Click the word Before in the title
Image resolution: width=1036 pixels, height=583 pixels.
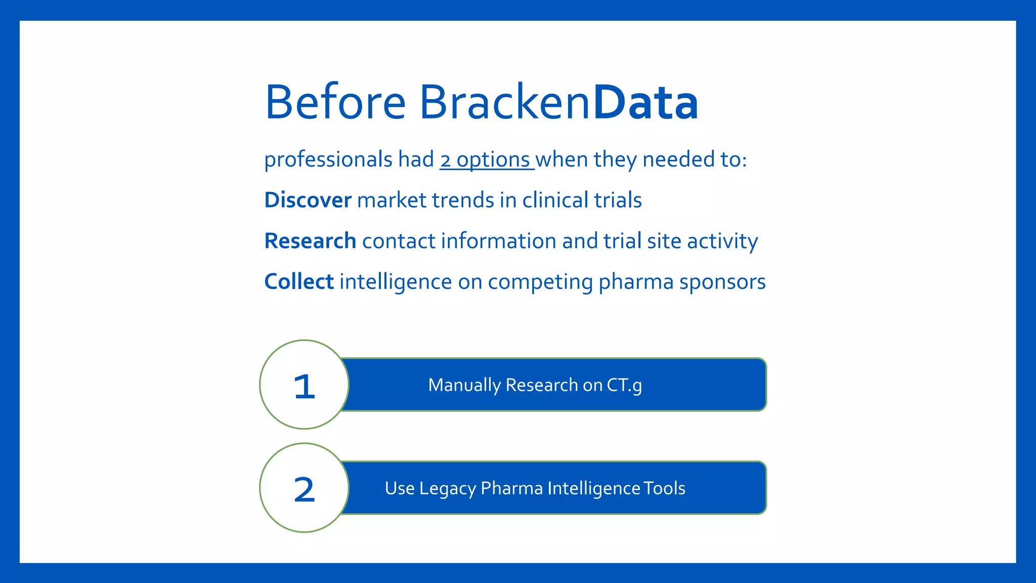[335, 103]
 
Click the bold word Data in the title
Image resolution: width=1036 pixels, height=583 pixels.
[645, 103]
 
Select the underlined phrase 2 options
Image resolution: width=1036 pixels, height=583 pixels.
[486, 160]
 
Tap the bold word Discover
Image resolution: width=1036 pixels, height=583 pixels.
[308, 200]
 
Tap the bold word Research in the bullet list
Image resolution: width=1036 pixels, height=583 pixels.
[310, 241]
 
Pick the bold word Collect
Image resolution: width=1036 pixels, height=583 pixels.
[299, 282]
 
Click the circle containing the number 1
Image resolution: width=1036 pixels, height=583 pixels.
[304, 385]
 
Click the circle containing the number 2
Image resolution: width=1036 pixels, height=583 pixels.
[304, 488]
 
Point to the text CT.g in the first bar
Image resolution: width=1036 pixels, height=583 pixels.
[624, 386]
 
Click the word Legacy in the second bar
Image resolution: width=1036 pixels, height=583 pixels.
[447, 489]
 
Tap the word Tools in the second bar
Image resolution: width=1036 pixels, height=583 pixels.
[665, 488]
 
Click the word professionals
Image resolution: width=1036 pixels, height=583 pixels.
[328, 160]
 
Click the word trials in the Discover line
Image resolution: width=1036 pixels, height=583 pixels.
[618, 200]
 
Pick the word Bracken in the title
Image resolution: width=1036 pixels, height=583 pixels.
[504, 103]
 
